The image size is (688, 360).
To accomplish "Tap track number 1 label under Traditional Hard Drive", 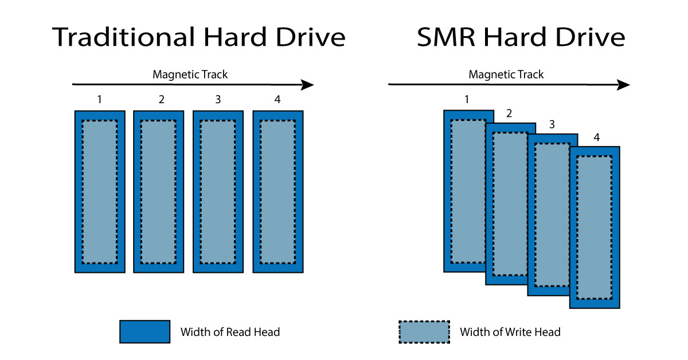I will (100, 99).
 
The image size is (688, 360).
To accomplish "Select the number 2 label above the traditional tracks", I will (161, 99).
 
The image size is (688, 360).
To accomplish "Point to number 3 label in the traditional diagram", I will (218, 99).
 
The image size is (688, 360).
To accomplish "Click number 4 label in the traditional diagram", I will (277, 99).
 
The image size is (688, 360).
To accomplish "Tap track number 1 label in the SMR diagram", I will (467, 99).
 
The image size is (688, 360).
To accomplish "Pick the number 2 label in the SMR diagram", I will (509, 114).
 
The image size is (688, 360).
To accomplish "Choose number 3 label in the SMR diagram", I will (552, 124).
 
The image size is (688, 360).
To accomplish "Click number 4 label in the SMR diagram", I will (596, 138).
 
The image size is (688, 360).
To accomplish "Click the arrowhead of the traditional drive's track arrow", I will (308, 85).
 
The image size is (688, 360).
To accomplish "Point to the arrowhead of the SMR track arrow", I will (624, 85).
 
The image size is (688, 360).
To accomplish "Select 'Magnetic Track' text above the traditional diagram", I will (190, 74).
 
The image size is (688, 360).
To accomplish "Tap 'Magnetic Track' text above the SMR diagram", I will (506, 74).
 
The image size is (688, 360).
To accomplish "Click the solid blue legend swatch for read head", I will (144, 331).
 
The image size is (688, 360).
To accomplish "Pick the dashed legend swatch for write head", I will (424, 331).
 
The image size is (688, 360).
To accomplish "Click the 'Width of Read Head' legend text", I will (230, 332).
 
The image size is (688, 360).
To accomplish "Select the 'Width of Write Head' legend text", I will (510, 332).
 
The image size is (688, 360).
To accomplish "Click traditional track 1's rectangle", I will (100, 191).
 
